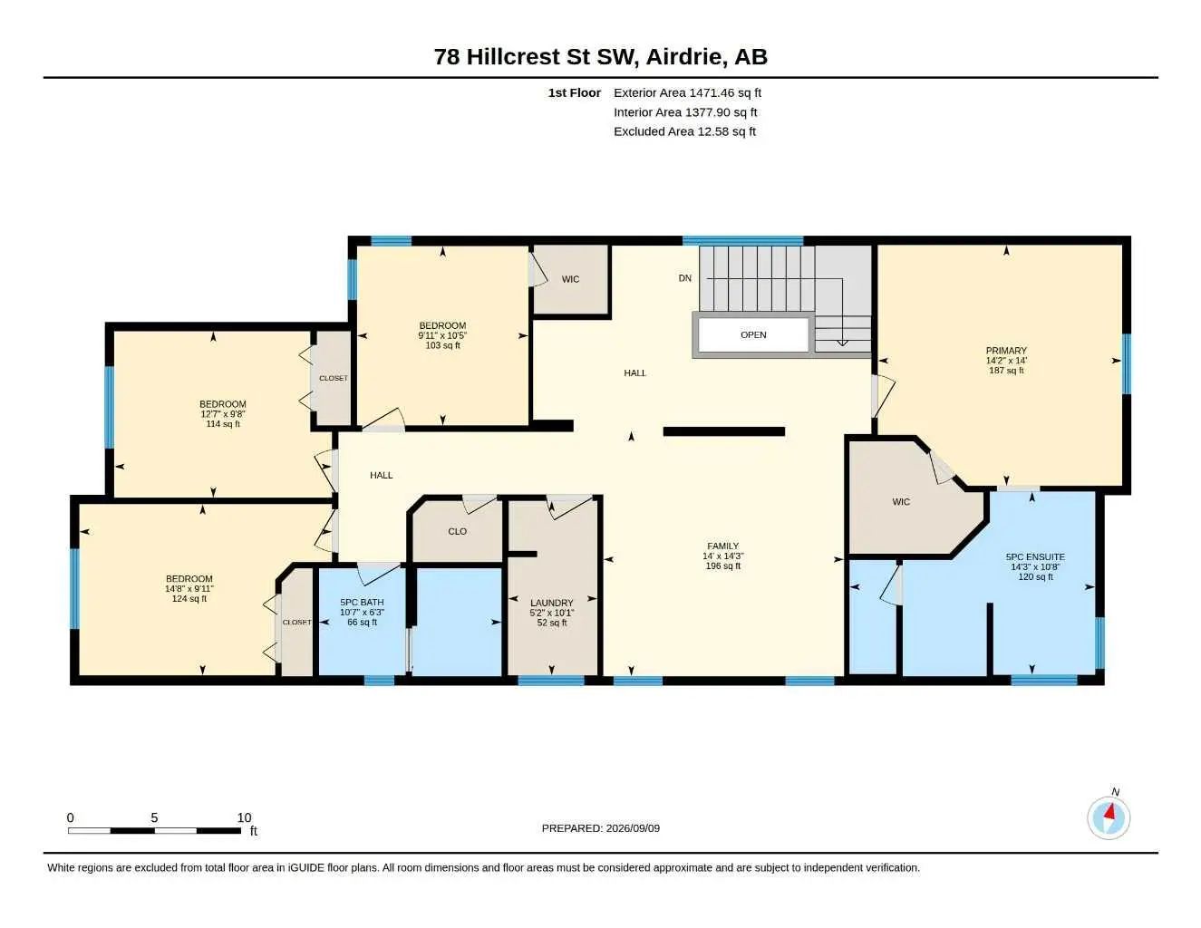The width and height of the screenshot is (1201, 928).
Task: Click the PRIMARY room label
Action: pyautogui.click(x=1006, y=350)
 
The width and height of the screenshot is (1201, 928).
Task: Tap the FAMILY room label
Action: pyautogui.click(x=722, y=546)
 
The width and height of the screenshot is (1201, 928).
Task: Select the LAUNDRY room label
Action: pyautogui.click(x=552, y=603)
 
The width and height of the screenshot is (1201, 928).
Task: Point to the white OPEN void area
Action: pyautogui.click(x=753, y=334)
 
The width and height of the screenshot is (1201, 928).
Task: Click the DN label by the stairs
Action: pyautogui.click(x=684, y=278)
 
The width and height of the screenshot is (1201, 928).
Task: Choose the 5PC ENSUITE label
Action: pyautogui.click(x=1035, y=556)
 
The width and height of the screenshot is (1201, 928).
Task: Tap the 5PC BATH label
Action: pyautogui.click(x=362, y=602)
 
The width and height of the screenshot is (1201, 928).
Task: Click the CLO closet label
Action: pyautogui.click(x=457, y=531)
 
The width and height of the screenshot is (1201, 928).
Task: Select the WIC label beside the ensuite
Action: pyautogui.click(x=901, y=501)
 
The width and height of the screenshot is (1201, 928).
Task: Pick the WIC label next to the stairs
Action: pyautogui.click(x=570, y=279)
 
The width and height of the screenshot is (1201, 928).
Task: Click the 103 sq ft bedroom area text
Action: pyautogui.click(x=442, y=345)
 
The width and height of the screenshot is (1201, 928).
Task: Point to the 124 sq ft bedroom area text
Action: pyautogui.click(x=189, y=598)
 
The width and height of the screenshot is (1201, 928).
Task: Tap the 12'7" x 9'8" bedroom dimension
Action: pyautogui.click(x=223, y=414)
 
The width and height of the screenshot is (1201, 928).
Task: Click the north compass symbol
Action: pyautogui.click(x=1109, y=818)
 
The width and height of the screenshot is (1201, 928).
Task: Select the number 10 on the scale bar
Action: pyautogui.click(x=245, y=817)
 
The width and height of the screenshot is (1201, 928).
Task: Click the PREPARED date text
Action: pyautogui.click(x=601, y=828)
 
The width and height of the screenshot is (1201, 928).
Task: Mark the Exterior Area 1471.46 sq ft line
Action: pyautogui.click(x=688, y=92)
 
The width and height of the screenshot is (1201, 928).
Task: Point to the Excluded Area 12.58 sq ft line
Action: pyautogui.click(x=684, y=131)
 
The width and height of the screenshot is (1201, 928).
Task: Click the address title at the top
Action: pyautogui.click(x=601, y=56)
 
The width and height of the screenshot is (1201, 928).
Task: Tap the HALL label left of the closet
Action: pyautogui.click(x=382, y=475)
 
